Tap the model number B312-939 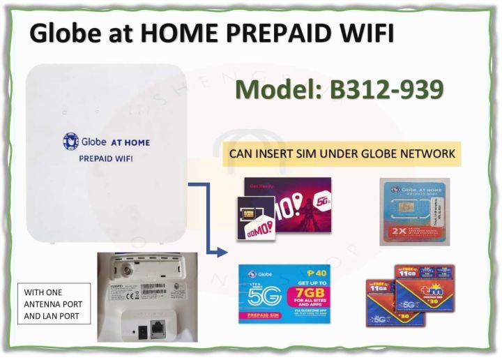click(x=380, y=89)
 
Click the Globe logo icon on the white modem click(x=70, y=142)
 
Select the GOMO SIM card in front click(x=255, y=218)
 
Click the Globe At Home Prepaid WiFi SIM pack click(x=414, y=211)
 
